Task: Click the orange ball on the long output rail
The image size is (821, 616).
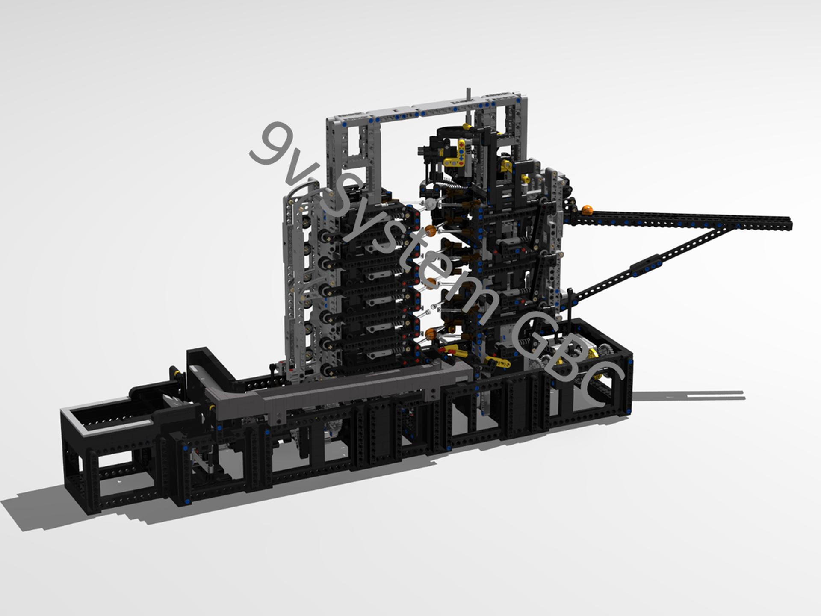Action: (587, 210)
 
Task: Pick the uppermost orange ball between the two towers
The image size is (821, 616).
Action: (431, 231)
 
